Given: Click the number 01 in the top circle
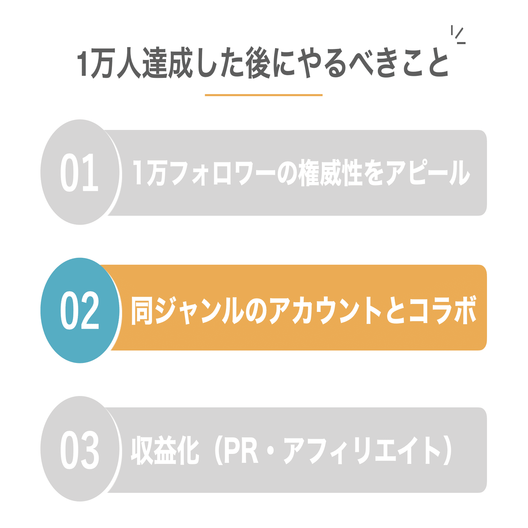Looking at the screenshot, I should click(x=80, y=172).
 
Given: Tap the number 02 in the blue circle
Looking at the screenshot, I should click(x=80, y=310).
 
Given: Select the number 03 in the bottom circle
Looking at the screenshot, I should click(x=80, y=449).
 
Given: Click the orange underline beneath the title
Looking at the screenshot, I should click(x=264, y=95).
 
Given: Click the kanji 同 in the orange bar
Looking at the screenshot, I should click(x=142, y=311).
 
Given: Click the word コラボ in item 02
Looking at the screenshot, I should click(x=443, y=311).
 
